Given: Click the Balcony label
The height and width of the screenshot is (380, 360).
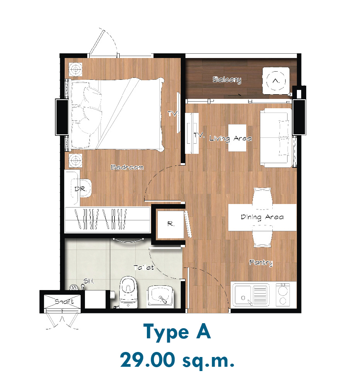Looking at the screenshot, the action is click(227, 80).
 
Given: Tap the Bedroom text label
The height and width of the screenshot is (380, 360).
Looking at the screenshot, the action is click(127, 167).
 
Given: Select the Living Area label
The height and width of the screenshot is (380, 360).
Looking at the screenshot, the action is click(231, 138).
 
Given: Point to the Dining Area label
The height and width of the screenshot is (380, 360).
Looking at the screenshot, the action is click(262, 217).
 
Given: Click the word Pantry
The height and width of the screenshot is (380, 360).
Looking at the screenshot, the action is click(261, 262).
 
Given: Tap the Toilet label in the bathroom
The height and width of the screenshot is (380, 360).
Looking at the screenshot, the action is click(144, 267).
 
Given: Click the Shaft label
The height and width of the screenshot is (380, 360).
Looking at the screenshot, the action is click(64, 302).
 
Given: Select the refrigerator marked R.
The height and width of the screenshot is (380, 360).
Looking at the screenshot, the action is click(170, 224).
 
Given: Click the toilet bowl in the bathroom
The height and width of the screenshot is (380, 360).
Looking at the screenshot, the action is click(128, 292).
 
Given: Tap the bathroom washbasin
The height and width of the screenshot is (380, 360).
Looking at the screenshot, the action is click(161, 296).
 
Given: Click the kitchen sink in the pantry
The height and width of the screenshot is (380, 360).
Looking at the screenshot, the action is click(251, 295).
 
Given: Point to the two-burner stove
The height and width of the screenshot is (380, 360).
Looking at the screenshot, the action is click(283, 294).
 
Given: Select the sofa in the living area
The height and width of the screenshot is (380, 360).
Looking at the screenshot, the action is click(276, 138).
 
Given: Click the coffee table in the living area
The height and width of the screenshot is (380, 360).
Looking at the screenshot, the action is click(237, 138).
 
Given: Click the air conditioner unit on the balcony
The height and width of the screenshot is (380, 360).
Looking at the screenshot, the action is click(276, 81).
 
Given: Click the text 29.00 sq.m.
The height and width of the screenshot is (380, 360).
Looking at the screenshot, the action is click(177, 360).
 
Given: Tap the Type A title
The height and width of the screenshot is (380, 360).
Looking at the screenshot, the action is click(177, 332).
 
